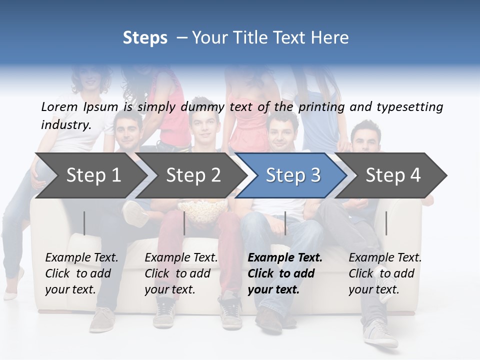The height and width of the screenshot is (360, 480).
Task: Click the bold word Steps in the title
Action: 145,37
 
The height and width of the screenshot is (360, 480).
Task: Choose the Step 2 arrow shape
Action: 192,175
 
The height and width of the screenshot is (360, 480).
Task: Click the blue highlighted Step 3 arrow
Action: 292,175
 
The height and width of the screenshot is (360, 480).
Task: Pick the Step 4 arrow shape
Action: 393,175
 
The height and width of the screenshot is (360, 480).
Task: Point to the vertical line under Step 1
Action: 84,223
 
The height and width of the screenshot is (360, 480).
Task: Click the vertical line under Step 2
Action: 184,223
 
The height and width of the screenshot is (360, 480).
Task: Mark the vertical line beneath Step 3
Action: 285,223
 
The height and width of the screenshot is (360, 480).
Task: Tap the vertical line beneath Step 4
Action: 386,223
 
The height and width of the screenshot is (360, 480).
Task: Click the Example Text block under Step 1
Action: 81,273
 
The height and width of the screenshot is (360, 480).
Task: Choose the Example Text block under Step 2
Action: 181,273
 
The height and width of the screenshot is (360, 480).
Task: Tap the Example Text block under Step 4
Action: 385,273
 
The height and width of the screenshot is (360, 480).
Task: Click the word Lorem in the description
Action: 59,106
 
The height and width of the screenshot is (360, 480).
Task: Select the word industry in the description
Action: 66,124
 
